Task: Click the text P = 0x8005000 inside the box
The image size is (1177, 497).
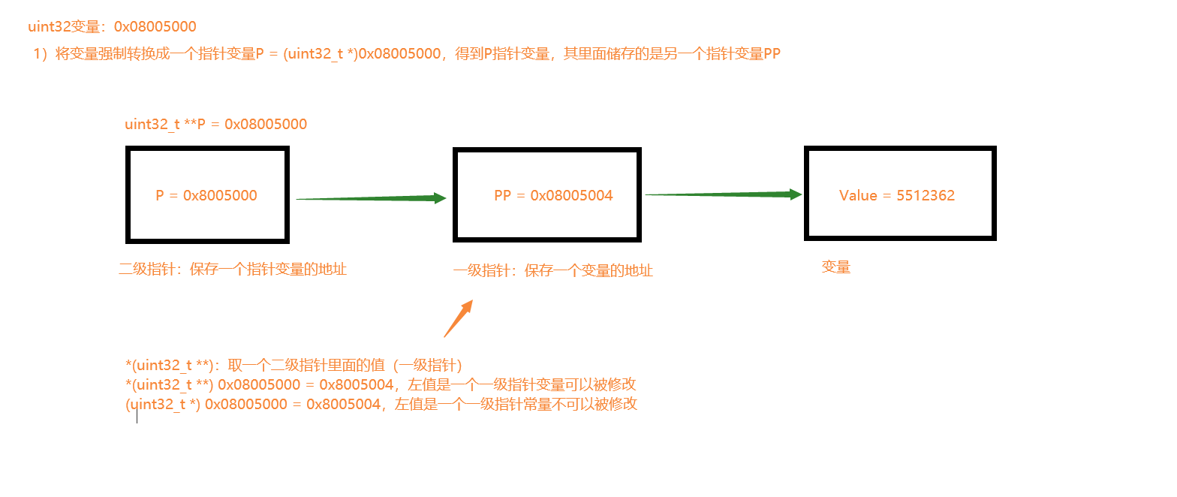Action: [206, 196]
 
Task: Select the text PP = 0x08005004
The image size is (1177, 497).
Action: [553, 196]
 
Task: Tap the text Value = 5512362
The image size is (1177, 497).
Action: [897, 196]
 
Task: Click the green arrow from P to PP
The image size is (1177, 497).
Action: [371, 199]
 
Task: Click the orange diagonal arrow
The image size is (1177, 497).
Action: [458, 318]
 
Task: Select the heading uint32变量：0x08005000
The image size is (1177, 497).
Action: [112, 27]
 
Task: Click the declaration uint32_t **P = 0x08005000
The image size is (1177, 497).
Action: [216, 125]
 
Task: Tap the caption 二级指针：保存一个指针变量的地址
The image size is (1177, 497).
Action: [233, 270]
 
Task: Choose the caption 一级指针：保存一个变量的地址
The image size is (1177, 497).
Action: [553, 271]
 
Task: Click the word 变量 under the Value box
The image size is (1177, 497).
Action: [836, 267]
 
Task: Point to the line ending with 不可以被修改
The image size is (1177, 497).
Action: [381, 405]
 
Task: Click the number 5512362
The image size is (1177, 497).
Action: [926, 196]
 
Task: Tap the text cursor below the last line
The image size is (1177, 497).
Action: [137, 417]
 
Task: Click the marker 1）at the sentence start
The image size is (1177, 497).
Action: [41, 55]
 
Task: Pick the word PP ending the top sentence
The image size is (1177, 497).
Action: [772, 55]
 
